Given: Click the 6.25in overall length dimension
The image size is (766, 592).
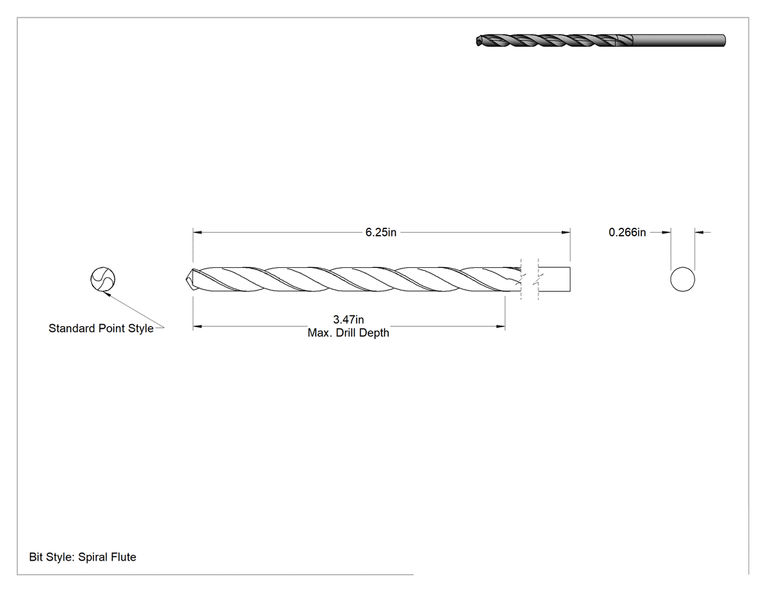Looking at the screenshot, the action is [x=381, y=232].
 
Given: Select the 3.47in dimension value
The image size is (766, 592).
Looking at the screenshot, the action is [x=348, y=320].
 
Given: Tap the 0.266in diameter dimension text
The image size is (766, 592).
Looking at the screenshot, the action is [x=627, y=232].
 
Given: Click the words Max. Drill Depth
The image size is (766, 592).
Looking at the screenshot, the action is [x=348, y=333].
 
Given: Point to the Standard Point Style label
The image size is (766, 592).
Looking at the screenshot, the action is [x=101, y=328].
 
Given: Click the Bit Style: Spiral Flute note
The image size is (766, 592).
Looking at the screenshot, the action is [x=82, y=557].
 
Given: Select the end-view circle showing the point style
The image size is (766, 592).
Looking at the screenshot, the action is [x=103, y=280].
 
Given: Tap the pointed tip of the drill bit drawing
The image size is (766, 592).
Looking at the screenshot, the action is [x=187, y=280].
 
